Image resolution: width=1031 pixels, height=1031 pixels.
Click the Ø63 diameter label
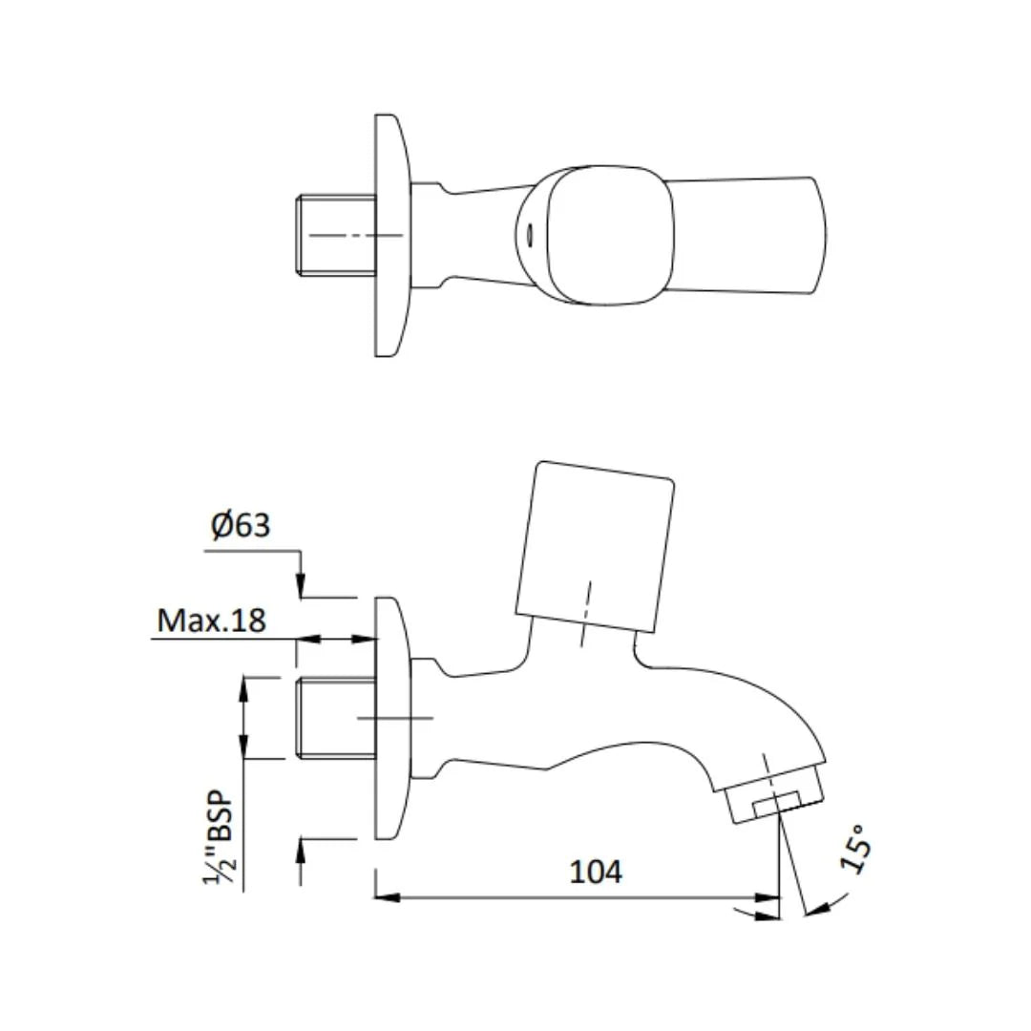[x=241, y=525]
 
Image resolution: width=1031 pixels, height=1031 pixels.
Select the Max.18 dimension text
[x=211, y=621]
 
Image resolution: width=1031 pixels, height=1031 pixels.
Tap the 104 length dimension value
[x=596, y=871]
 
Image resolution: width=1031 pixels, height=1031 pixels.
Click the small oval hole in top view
[x=529, y=233]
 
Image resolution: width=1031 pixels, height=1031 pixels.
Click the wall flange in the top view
[x=391, y=235]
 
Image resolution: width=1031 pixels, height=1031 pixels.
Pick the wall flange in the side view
[x=391, y=718]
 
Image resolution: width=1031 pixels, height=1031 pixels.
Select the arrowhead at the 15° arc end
[x=813, y=913]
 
